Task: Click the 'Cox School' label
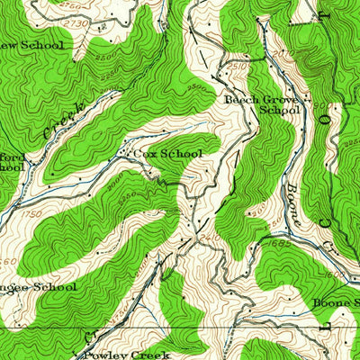167,154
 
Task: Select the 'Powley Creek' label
127,355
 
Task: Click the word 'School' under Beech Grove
278,111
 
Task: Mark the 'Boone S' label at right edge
335,303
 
